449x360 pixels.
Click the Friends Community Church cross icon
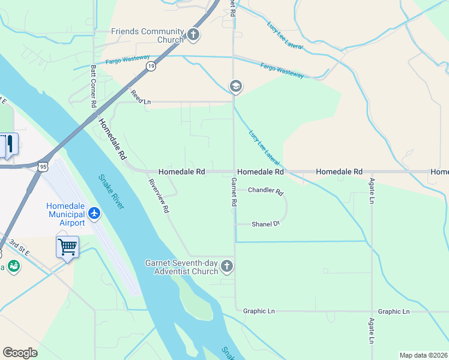point(193,35)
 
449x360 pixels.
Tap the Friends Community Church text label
point(146,35)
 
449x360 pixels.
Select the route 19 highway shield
point(150,67)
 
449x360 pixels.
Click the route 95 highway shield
point(41,166)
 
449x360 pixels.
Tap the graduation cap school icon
point(235,87)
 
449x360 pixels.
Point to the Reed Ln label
point(140,98)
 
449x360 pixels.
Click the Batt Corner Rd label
point(94,86)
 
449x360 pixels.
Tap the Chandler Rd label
point(265,191)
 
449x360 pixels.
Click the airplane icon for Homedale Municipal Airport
point(94,212)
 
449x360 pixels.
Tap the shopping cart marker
point(67,247)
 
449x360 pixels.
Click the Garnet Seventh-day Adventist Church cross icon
point(226,266)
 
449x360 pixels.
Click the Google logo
point(20,353)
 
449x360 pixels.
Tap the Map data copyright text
point(423,355)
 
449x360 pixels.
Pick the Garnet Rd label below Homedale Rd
point(234,193)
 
